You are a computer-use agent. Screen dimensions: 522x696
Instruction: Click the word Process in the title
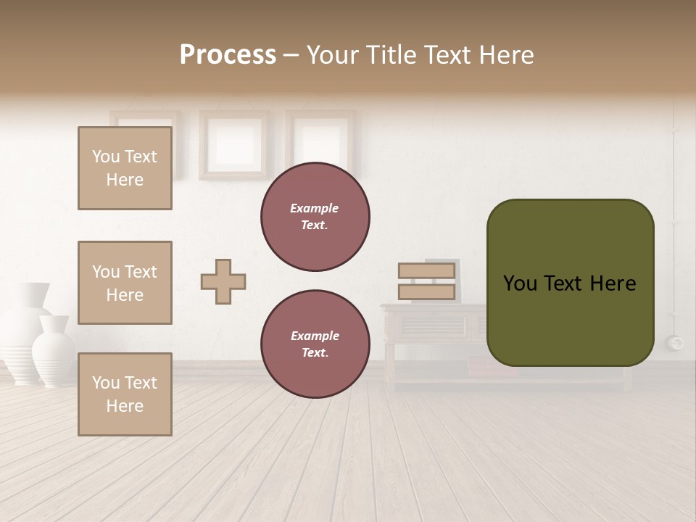click(x=228, y=55)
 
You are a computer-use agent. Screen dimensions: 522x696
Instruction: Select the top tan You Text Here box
click(x=125, y=168)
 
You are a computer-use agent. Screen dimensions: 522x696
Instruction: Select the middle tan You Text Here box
click(x=125, y=283)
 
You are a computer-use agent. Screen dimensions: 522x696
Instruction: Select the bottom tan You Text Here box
click(x=125, y=394)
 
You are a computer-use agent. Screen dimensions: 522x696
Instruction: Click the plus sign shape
click(x=223, y=282)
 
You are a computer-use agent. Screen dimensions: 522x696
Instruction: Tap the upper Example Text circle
click(x=315, y=217)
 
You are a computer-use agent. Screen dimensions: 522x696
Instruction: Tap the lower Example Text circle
click(x=315, y=344)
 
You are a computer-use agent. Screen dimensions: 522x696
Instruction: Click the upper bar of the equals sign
click(x=426, y=271)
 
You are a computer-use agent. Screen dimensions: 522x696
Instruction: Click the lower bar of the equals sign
click(x=426, y=292)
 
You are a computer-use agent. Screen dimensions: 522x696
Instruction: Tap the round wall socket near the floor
click(x=676, y=342)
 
